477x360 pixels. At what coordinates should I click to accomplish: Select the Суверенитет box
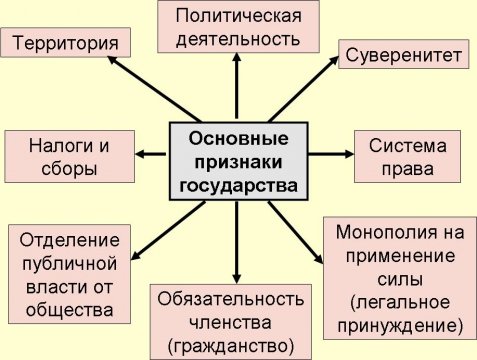[403, 55]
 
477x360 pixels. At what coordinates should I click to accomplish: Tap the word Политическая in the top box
[238, 16]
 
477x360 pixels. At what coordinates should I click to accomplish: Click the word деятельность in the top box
[238, 39]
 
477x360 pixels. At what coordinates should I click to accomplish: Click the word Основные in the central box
[238, 137]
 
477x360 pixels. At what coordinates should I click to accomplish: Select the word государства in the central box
[238, 184]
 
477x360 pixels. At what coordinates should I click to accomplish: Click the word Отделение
[68, 241]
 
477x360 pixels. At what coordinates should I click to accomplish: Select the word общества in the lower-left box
[68, 310]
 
